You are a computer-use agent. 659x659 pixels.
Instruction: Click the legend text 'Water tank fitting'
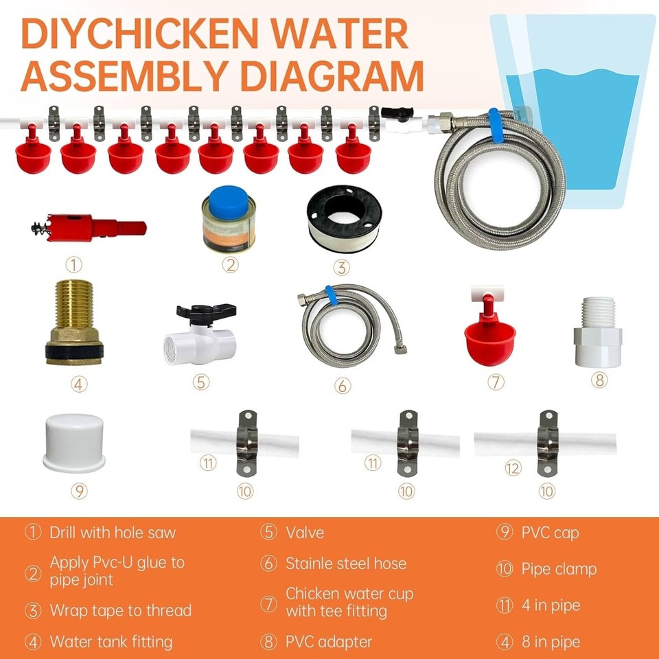click(111, 643)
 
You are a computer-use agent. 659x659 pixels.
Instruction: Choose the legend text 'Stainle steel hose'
click(346, 564)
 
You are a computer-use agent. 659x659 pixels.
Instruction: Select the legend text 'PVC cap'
click(549, 533)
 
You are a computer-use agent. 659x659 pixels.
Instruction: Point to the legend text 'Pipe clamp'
click(559, 569)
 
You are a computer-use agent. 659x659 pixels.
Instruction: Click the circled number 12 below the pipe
click(513, 468)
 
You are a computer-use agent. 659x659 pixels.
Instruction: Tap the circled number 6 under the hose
click(343, 386)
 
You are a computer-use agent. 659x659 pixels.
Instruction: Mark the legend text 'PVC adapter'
click(328, 643)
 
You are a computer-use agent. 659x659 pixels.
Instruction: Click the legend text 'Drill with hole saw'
click(113, 533)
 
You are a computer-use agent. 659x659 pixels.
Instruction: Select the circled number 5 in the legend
click(268, 533)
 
